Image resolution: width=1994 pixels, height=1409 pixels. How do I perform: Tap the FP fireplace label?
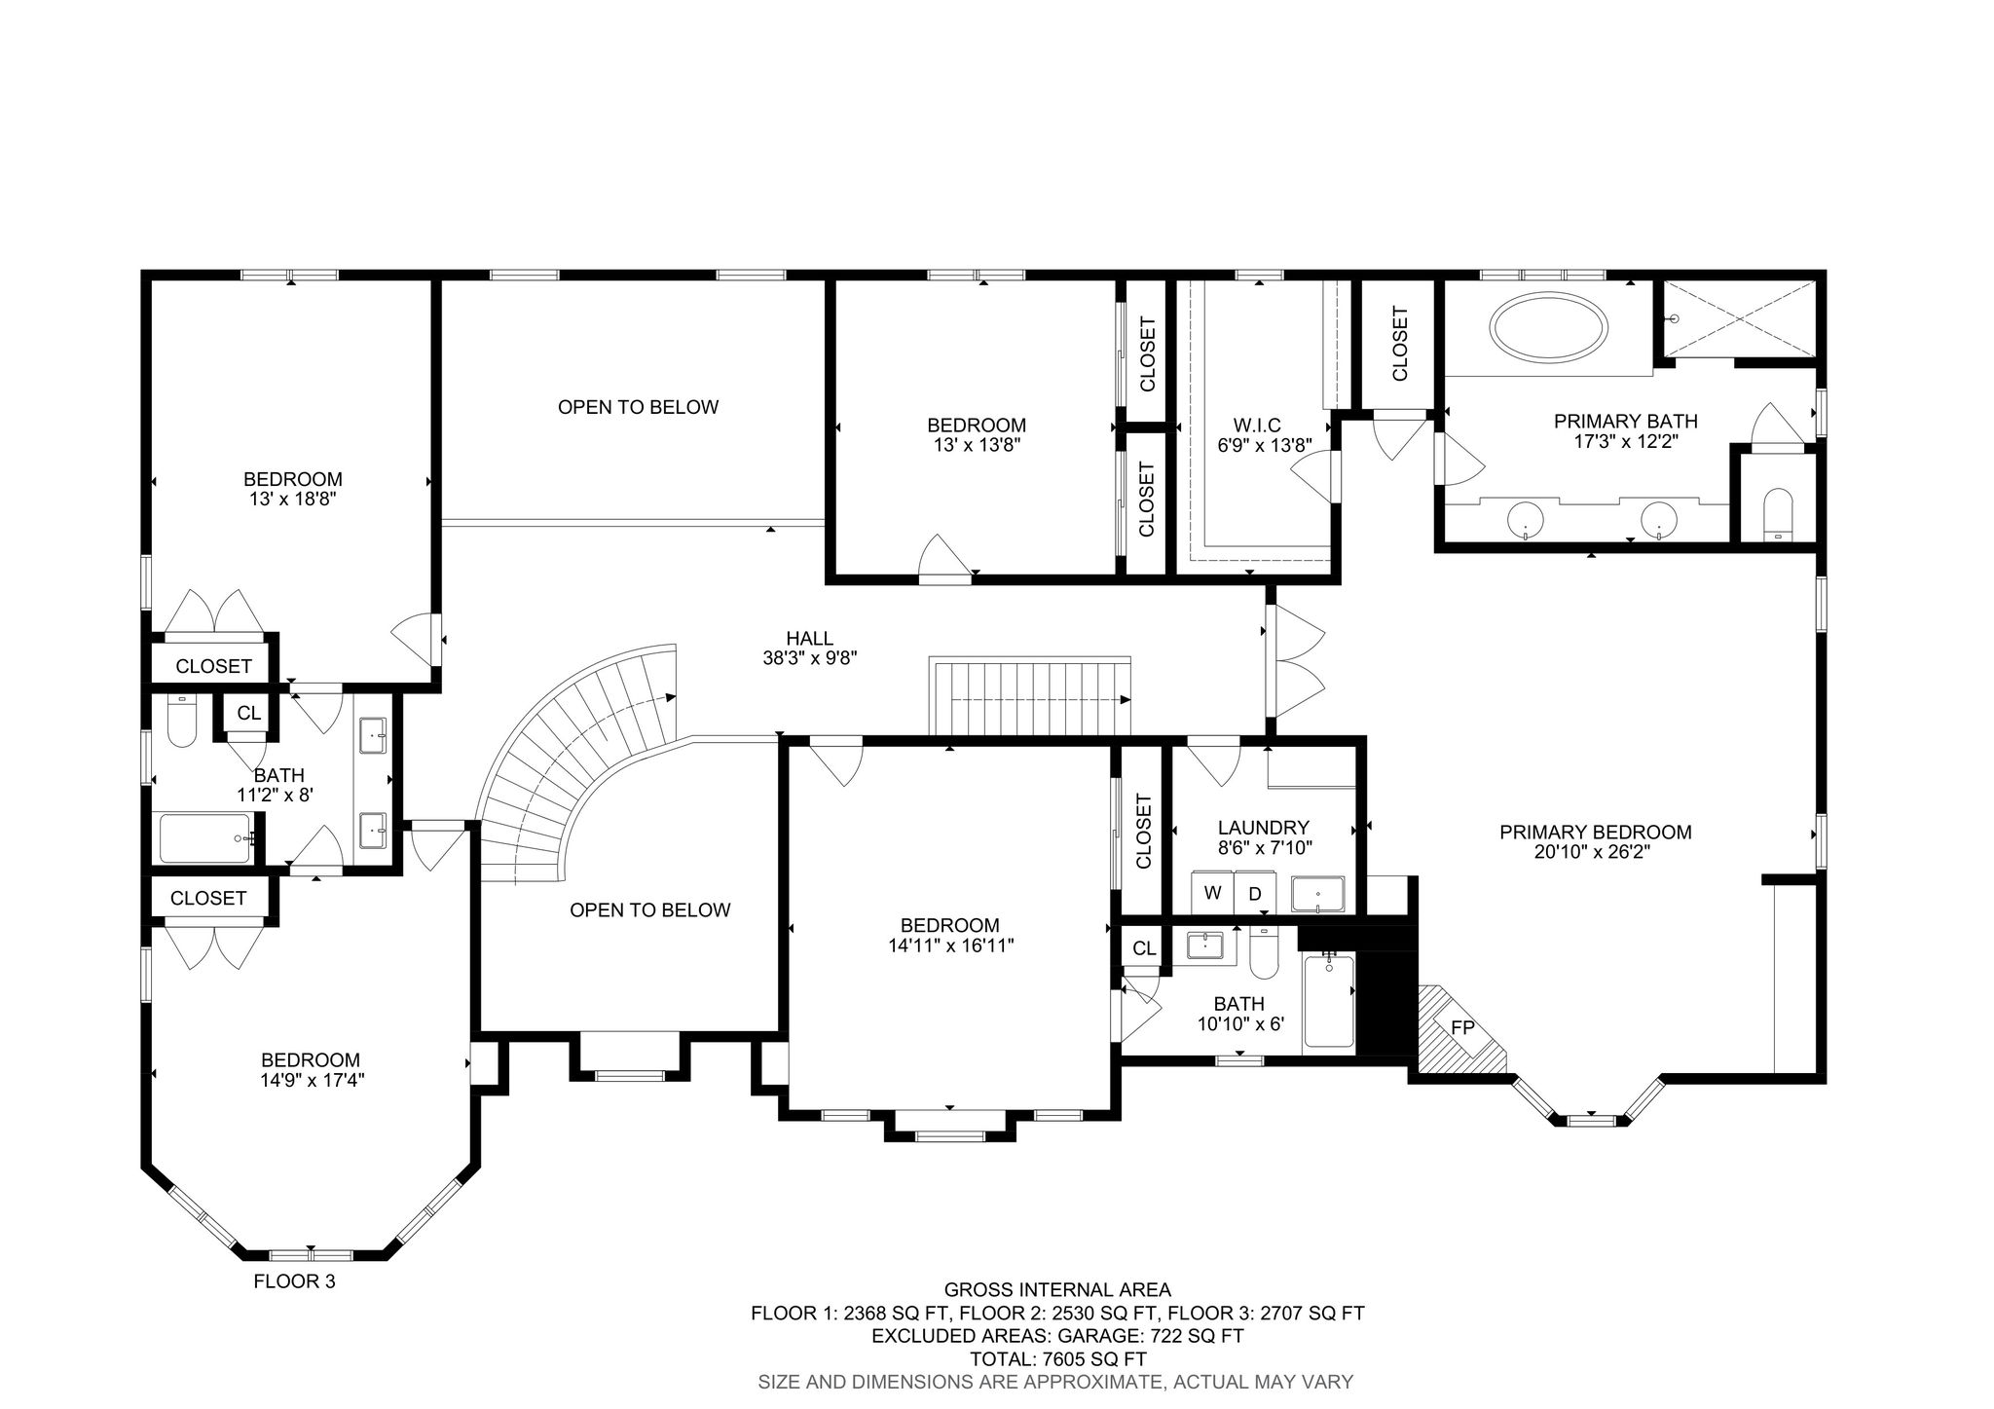pos(1462,1027)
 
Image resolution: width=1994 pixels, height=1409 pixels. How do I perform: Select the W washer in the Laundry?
pos(1212,893)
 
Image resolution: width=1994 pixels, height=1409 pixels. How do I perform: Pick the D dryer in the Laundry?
pos(1255,893)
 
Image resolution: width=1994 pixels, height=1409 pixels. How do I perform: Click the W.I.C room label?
pos(1257,426)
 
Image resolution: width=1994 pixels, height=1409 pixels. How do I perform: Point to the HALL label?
pos(810,639)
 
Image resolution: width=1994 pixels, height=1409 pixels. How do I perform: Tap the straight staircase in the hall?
pos(1031,696)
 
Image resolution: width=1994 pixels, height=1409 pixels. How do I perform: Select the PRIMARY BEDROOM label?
pos(1596,833)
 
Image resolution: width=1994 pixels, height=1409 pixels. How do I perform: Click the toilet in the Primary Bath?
pos(1777,513)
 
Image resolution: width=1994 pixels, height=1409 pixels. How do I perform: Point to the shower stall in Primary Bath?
pos(1739,318)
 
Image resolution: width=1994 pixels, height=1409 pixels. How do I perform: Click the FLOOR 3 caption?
pos(294,1281)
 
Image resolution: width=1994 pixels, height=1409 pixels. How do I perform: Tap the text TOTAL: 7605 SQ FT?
pos(1058,1358)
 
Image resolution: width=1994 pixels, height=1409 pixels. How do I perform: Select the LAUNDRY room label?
pos(1264,828)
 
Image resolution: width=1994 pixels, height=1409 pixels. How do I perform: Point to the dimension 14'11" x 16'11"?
pos(950,945)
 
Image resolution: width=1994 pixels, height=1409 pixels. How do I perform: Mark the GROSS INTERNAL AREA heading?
pos(1057,1290)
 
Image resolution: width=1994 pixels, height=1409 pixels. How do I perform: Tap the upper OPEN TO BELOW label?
pos(639,407)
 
